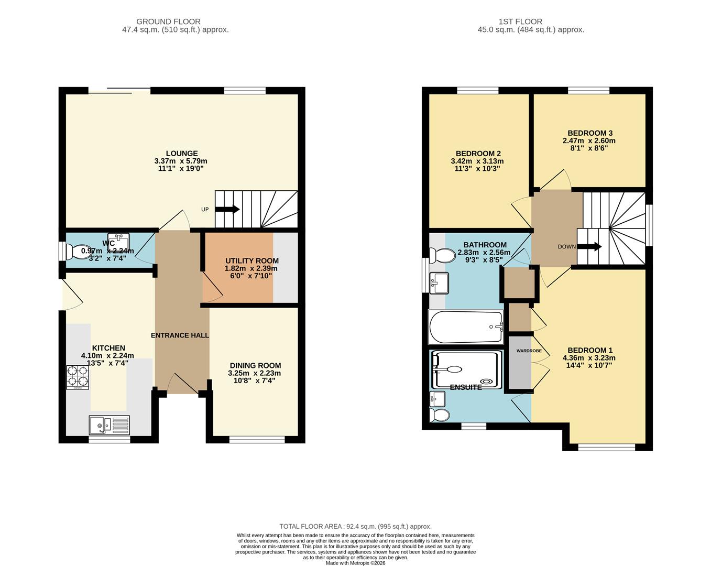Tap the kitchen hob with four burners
pos(78,377)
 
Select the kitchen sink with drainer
pos(109,425)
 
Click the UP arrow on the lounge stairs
pos(227,209)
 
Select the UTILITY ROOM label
pos(251,260)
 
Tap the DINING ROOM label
pos(255,365)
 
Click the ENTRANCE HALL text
pos(180,335)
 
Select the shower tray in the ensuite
pos(465,369)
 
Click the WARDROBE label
pos(529,351)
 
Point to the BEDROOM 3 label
pos(590,133)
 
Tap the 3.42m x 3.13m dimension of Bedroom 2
pos(477,161)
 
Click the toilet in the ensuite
pos(439,416)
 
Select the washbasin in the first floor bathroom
pos(439,283)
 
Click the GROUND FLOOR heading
pos(168,21)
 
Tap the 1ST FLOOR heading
pos(520,21)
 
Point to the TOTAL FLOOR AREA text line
pos(355,526)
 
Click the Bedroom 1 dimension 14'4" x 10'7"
pos(589,365)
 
